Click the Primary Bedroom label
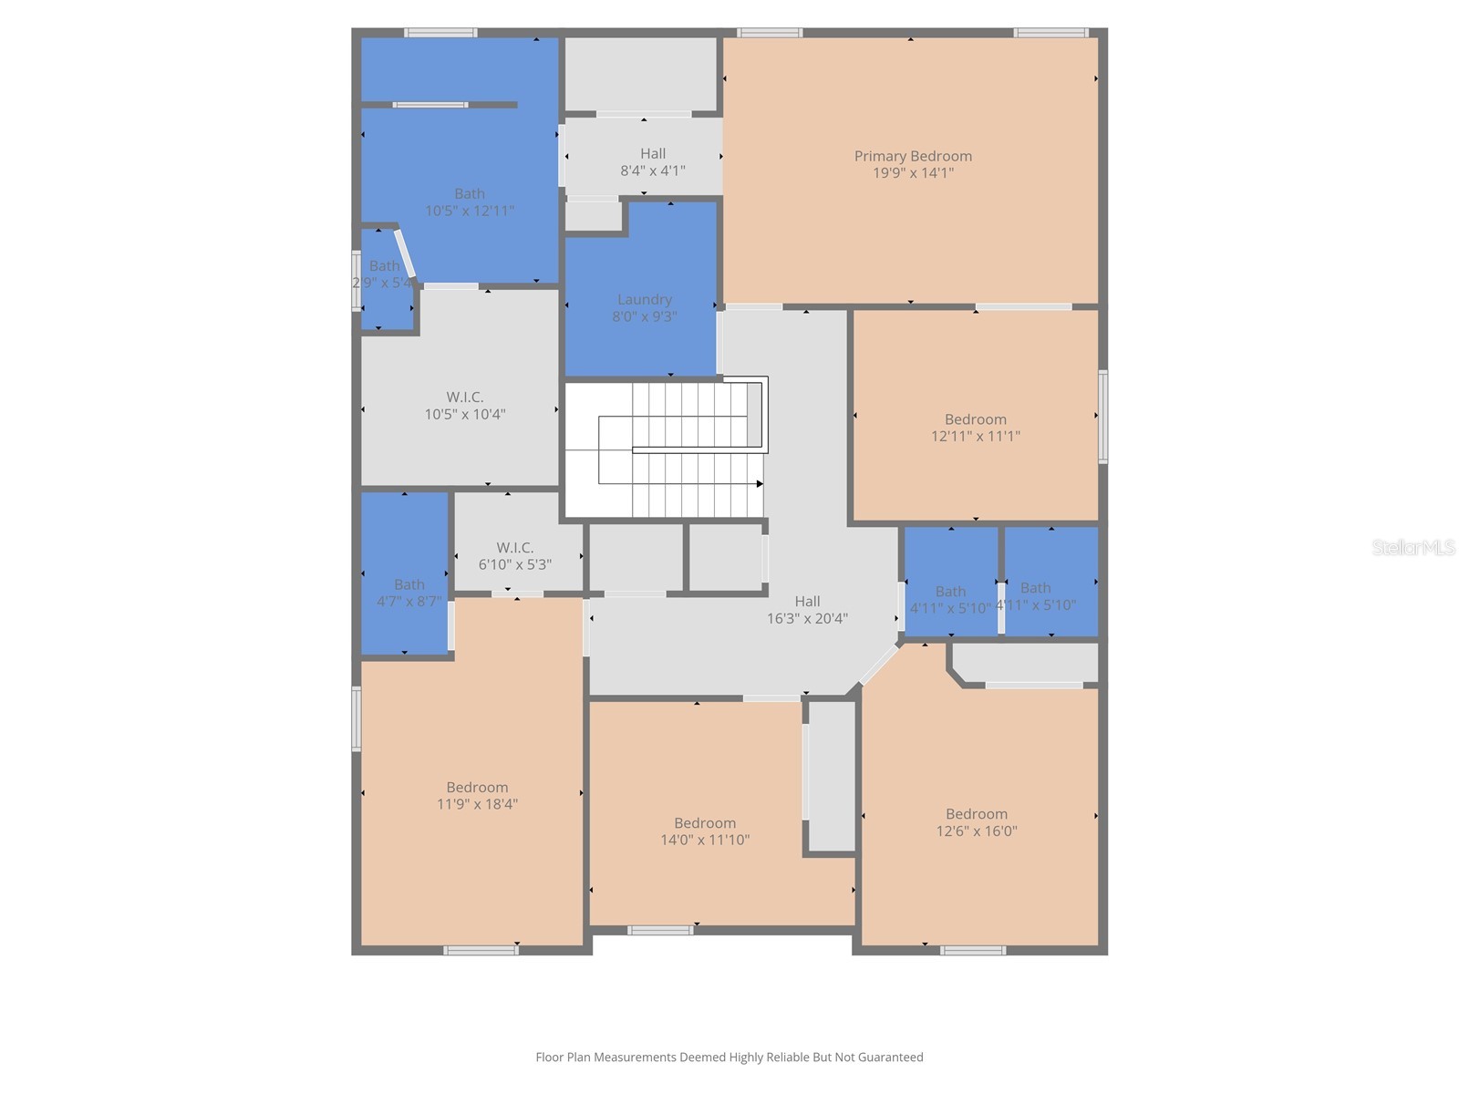coord(913,156)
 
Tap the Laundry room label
coord(645,299)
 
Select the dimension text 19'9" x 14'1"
coord(913,173)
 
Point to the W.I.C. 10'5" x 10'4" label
coord(464,405)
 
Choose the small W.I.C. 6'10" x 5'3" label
coord(515,556)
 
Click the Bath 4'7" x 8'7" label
coord(409,593)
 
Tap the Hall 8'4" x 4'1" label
coord(653,161)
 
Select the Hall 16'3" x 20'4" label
coord(807,609)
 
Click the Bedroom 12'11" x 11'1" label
coord(976,428)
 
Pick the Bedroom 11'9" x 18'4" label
coord(477,795)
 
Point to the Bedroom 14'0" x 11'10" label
coord(705,831)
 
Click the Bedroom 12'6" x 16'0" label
coord(977,822)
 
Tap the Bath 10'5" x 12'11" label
coord(470,201)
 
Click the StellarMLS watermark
coord(1413,547)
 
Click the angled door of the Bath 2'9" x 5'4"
coord(405,253)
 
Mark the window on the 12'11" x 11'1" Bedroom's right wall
coord(1102,416)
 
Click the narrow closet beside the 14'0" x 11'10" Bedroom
coord(832,775)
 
